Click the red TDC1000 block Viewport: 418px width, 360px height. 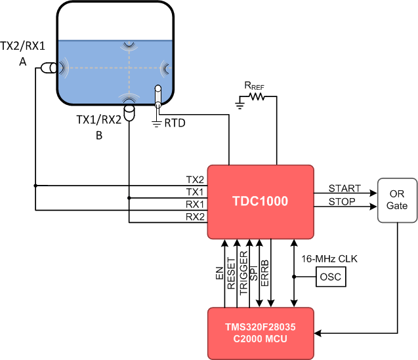[261, 202]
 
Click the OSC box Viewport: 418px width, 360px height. [331, 277]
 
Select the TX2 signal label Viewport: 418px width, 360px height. [195, 180]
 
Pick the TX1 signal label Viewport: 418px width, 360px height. [195, 192]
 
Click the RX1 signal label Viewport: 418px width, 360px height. [195, 204]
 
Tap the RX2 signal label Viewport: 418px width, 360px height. [195, 216]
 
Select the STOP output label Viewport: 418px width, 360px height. [342, 201]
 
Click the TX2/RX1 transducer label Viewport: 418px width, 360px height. [22, 48]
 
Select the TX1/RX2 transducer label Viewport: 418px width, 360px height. [98, 120]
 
